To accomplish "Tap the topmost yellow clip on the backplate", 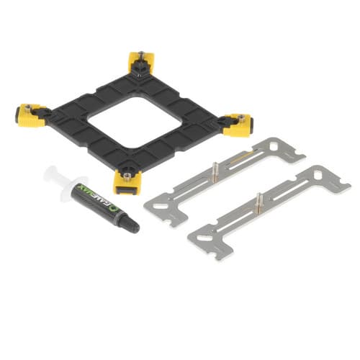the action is pos(142,63).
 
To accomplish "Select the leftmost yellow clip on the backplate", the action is pos(30,114).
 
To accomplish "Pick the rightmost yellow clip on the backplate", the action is pos(238,125).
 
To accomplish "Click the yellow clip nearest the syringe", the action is pos(127,182).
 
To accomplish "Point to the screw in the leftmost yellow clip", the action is pos(29,107).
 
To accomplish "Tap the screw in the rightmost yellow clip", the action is pos(241,117).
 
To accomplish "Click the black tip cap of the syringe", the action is pos(131,225).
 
